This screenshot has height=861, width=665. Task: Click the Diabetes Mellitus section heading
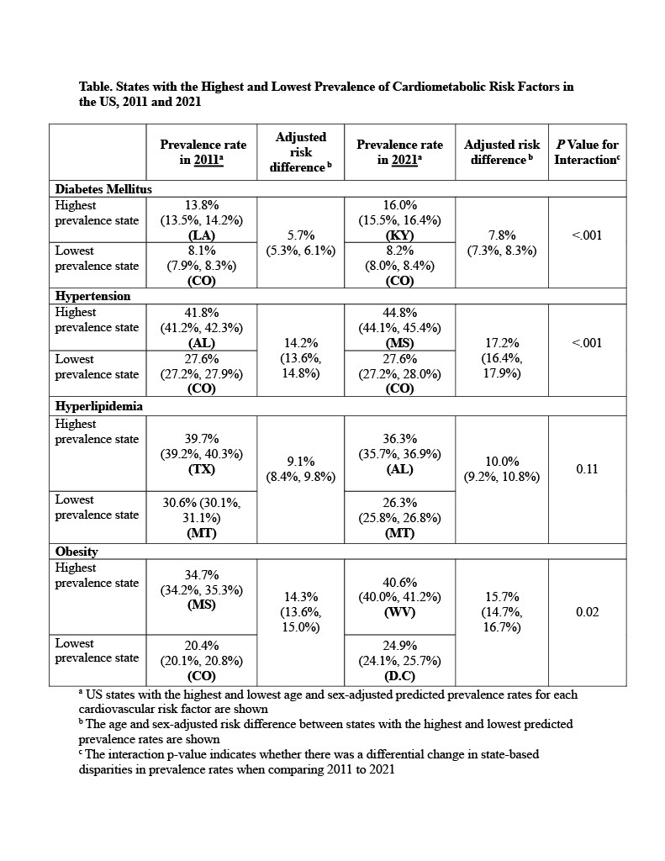[x=103, y=189]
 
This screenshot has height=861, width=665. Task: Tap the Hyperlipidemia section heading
[x=98, y=406]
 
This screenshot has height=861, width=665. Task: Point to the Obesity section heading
[x=77, y=552]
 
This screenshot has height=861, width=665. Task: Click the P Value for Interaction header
[x=587, y=152]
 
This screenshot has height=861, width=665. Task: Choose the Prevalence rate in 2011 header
[x=203, y=152]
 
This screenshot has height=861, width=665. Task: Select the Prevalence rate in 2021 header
[x=399, y=152]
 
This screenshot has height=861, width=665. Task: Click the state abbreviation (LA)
[x=203, y=235]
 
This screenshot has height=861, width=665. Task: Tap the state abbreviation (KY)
[x=399, y=235]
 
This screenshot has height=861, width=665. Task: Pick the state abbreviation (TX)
[x=203, y=470]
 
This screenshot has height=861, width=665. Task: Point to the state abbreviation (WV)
[x=399, y=613]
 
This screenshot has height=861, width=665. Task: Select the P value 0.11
[x=587, y=469]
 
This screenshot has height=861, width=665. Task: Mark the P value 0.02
[x=587, y=612]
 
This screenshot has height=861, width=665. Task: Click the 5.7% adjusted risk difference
[x=300, y=235]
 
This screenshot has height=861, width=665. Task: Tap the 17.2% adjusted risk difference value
[x=501, y=343]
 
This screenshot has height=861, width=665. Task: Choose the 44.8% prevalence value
[x=399, y=312]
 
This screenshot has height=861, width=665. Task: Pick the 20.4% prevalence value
[x=203, y=645]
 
